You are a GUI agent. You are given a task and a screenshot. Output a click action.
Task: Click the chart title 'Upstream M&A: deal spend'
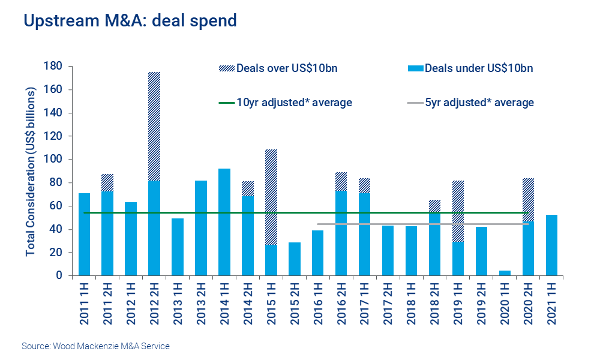click(130, 21)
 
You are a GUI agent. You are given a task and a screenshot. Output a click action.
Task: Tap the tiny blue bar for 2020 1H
click(505, 273)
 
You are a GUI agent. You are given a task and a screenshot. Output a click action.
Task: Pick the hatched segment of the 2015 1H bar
click(271, 197)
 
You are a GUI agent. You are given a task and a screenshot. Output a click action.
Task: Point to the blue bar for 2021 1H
click(552, 245)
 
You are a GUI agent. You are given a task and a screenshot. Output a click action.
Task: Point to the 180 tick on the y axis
click(53, 66)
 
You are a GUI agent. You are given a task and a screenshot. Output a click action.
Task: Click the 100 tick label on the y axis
click(53, 159)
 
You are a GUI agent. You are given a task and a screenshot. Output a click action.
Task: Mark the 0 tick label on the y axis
click(59, 275)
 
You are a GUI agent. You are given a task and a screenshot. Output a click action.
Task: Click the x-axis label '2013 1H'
click(177, 304)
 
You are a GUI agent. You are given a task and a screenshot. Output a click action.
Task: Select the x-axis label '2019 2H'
click(481, 304)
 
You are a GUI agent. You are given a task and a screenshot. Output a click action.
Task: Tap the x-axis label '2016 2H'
click(341, 304)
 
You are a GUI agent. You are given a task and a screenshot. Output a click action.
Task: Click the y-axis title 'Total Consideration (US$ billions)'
click(30, 172)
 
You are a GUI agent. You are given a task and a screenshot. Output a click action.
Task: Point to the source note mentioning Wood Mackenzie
click(96, 346)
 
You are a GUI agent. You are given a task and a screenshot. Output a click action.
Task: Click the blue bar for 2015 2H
click(294, 259)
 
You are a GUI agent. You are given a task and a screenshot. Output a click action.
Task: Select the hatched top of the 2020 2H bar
click(528, 200)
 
